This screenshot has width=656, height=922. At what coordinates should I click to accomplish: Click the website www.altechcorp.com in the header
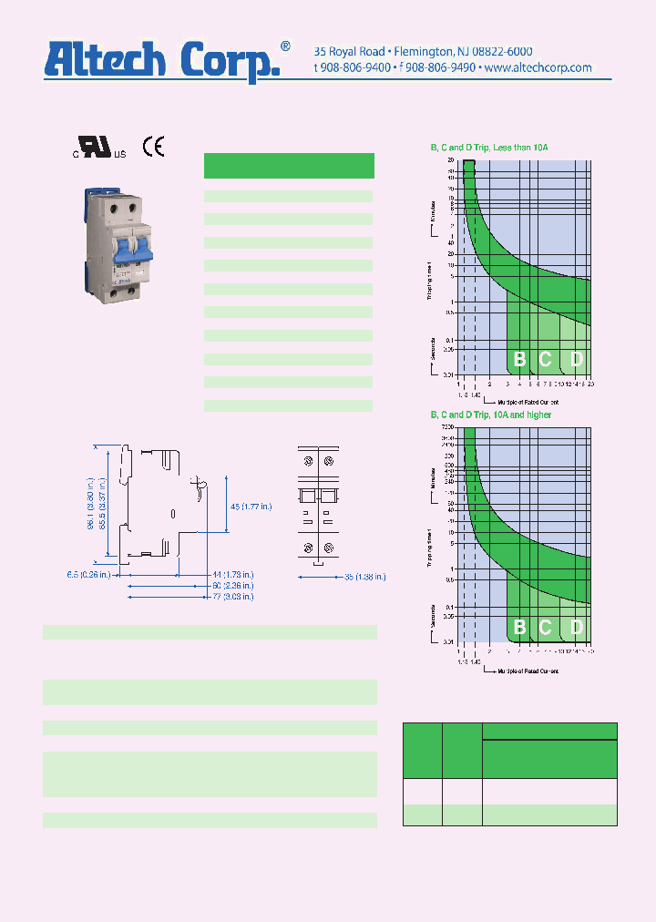point(538,67)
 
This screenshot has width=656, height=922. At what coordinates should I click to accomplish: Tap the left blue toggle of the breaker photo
point(119,251)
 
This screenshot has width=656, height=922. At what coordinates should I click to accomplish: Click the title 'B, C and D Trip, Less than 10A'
point(489,148)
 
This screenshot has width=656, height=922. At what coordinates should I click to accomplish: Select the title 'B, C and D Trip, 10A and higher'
point(491,415)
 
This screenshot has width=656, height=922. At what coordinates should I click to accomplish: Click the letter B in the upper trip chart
point(519,359)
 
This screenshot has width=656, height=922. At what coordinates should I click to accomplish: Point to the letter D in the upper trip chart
point(576,359)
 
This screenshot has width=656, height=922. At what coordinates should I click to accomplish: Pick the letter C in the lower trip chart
point(546,627)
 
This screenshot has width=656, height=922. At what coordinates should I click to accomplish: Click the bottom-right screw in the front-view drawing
point(328,548)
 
